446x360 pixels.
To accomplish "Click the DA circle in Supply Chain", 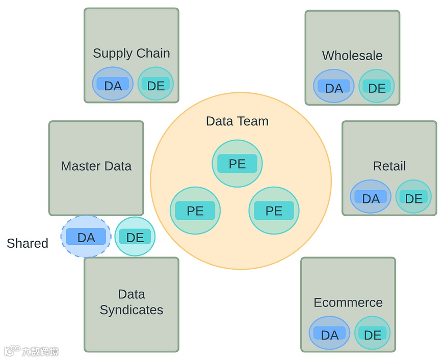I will (113, 84).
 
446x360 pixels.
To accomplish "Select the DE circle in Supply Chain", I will (155, 84).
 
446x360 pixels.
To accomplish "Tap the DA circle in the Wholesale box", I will (334, 87).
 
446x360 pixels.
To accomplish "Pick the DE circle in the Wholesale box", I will (377, 87).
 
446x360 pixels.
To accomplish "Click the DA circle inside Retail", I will (371, 197).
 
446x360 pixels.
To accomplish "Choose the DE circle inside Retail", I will (413, 197).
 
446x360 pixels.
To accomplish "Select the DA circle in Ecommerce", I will (329, 333).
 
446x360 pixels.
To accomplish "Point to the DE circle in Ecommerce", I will (372, 333).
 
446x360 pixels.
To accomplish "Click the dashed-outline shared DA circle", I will (86, 237).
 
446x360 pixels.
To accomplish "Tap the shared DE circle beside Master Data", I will (135, 237).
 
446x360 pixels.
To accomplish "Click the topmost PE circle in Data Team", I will (237, 164).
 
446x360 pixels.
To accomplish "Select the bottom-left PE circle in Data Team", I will (195, 211).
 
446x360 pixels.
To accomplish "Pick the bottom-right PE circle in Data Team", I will (274, 211).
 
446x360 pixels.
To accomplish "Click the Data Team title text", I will (237, 121).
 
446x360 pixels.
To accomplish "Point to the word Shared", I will (28, 243).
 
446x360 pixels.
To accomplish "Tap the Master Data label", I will (96, 166).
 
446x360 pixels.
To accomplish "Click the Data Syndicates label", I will (132, 302).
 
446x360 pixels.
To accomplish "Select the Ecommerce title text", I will (348, 302).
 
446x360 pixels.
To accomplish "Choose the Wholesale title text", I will (352, 56).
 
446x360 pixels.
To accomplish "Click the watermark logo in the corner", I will (31, 351).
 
